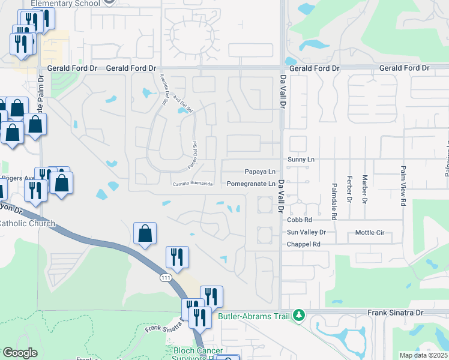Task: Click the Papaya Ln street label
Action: pyautogui.click(x=259, y=172)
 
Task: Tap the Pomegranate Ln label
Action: pyautogui.click(x=252, y=184)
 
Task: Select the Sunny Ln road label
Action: pyautogui.click(x=301, y=160)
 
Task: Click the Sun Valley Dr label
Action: pyautogui.click(x=306, y=232)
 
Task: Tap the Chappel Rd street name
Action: pyautogui.click(x=304, y=244)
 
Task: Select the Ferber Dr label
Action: pyautogui.click(x=349, y=190)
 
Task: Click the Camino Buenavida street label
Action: pyautogui.click(x=193, y=184)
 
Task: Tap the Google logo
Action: pyautogui.click(x=20, y=353)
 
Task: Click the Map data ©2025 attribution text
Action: pyautogui.click(x=423, y=355)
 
